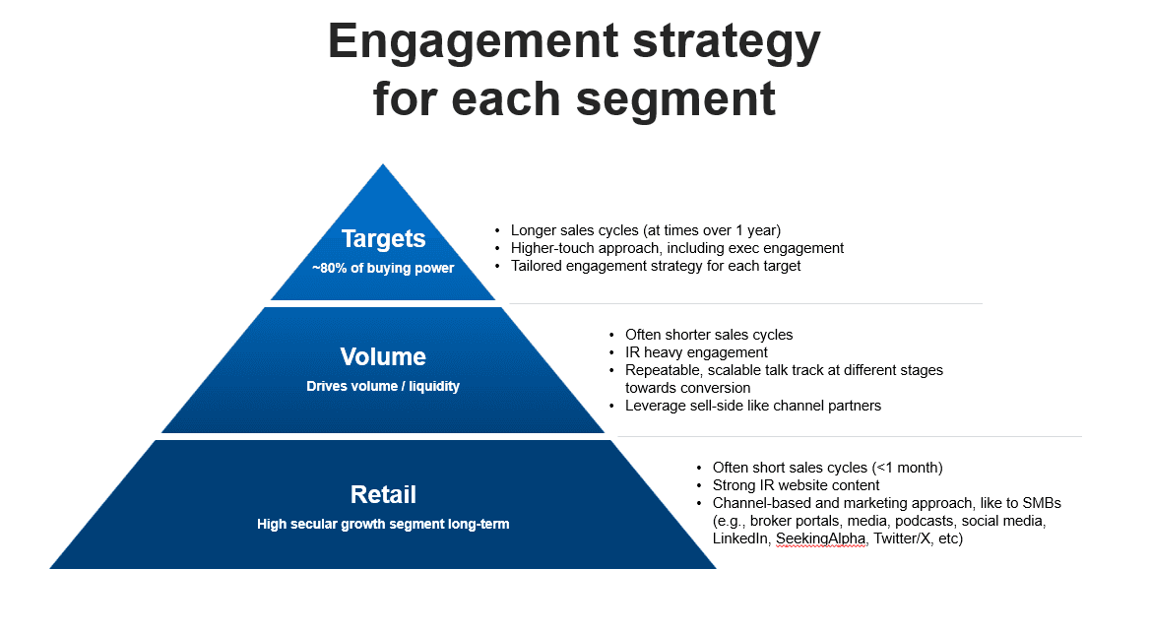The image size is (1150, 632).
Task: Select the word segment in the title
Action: [687, 99]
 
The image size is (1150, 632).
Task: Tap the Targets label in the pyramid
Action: [383, 239]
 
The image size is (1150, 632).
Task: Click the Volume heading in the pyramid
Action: [383, 356]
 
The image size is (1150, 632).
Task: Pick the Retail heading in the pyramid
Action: [383, 494]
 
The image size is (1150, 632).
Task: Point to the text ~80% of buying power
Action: [383, 268]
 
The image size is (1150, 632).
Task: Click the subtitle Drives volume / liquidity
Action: [383, 386]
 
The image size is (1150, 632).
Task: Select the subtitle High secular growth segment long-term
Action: [383, 524]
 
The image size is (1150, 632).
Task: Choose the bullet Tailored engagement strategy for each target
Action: [656, 266]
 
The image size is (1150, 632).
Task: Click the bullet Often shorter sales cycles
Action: [709, 335]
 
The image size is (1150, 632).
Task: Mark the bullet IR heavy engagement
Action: [696, 352]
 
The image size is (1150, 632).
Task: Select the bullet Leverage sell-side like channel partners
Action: [753, 406]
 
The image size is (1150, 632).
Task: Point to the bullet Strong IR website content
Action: [796, 485]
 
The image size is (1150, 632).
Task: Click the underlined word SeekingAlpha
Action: [821, 539]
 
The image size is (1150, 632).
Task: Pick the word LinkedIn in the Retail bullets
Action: [740, 539]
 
